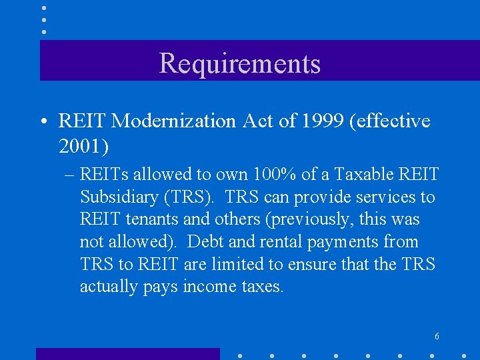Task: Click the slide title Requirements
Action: coord(240,63)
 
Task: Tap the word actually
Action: coord(107,287)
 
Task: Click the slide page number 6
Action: coord(436,336)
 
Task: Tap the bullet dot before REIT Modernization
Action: coord(42,121)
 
